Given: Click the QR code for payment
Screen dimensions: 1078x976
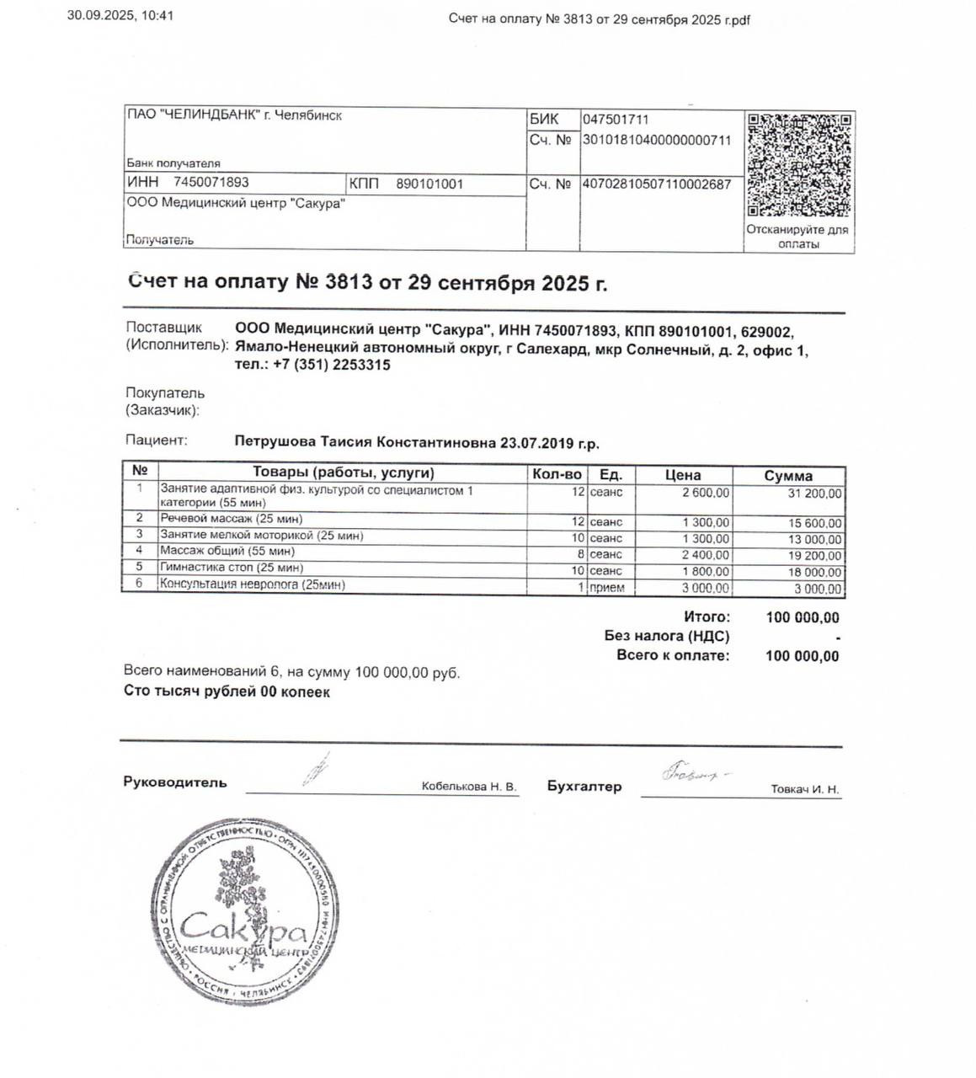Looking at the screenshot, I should click(x=798, y=164).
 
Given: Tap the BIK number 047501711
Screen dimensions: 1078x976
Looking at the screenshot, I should click(x=616, y=120).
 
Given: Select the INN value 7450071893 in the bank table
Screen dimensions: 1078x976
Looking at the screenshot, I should click(x=211, y=183).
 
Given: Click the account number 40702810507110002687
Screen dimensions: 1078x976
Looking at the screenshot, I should click(x=657, y=184).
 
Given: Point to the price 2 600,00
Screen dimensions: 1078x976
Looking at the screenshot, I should click(x=706, y=493).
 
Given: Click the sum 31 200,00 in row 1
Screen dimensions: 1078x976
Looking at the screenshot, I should click(x=814, y=494).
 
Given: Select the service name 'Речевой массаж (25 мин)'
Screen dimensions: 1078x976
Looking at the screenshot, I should click(x=231, y=519).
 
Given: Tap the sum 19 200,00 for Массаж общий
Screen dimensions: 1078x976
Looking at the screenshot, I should click(x=814, y=555).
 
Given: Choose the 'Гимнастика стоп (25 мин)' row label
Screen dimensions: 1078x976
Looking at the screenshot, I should click(x=232, y=568).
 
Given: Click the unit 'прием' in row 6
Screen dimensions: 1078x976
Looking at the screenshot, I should click(x=607, y=588).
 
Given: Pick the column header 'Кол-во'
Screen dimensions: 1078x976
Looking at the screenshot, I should click(x=557, y=474).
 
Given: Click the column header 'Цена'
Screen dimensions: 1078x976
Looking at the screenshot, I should click(x=683, y=475).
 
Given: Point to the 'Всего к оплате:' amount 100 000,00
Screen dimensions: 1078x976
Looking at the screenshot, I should click(x=802, y=656).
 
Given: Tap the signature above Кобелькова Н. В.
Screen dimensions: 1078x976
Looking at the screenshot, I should click(x=316, y=769).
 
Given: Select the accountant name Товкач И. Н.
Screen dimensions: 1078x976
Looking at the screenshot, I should click(x=804, y=789).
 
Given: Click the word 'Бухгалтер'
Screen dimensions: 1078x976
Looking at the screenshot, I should click(x=584, y=786).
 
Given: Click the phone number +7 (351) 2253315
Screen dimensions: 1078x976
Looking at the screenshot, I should click(x=332, y=365).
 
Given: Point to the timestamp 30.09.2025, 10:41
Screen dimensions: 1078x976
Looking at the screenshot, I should click(x=120, y=15).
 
